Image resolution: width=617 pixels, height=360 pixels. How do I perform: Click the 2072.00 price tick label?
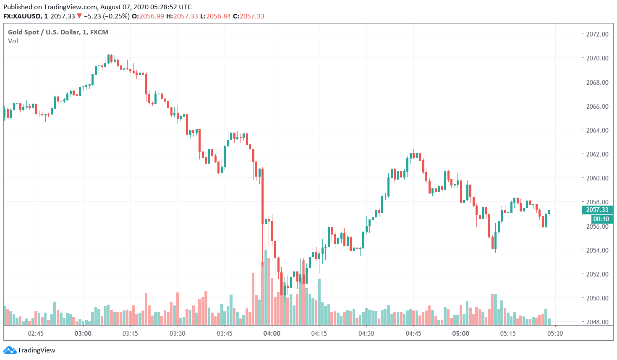tap(597, 34)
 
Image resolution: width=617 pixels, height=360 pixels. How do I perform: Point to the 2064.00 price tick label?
tap(597, 130)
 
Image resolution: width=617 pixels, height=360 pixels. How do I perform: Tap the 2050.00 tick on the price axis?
tap(597, 298)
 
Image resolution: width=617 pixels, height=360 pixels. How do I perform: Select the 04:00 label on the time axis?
tap(272, 334)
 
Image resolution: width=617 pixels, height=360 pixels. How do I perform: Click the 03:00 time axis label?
tap(83, 334)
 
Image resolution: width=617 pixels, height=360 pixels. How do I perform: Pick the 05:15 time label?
tap(508, 334)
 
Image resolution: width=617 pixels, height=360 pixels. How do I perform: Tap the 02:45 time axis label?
tap(36, 334)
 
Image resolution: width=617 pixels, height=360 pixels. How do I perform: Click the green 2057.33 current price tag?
tap(597, 210)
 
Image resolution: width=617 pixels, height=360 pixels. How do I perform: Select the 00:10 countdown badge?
tap(601, 219)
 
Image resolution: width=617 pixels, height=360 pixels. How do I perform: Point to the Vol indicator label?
tap(13, 41)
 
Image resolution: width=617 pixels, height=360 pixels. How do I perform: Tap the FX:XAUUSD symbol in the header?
tap(22, 16)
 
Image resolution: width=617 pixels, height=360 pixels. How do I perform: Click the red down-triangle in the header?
tap(79, 16)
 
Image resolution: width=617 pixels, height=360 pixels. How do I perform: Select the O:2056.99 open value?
tap(148, 16)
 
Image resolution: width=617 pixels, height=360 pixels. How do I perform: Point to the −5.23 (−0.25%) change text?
tap(107, 16)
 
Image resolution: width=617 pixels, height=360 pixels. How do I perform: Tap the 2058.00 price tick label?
tap(597, 202)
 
